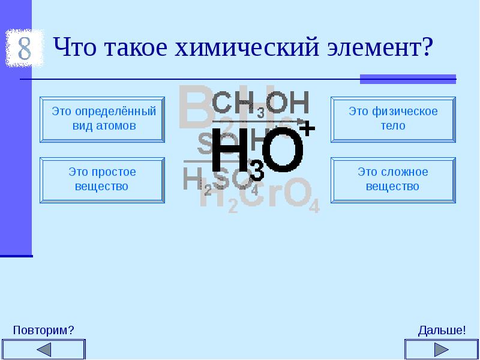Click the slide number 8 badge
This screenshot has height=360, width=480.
pyautogui.click(x=24, y=49)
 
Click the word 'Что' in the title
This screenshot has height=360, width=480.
pyautogui.click(x=74, y=47)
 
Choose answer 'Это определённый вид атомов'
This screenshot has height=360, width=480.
pyautogui.click(x=102, y=119)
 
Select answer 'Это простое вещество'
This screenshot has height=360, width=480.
pyautogui.click(x=102, y=179)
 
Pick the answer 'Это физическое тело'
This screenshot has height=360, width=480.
pyautogui.click(x=393, y=119)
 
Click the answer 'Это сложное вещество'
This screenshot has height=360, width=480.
pyautogui.click(x=393, y=179)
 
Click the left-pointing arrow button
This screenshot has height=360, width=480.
pyautogui.click(x=43, y=350)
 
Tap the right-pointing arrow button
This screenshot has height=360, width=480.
pyautogui.click(x=441, y=350)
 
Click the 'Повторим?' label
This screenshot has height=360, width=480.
pyautogui.click(x=43, y=331)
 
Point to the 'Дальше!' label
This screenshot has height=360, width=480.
pyautogui.click(x=442, y=331)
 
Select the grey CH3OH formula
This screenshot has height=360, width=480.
pyautogui.click(x=260, y=103)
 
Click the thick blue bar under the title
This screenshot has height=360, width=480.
pyautogui.click(x=407, y=79)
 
